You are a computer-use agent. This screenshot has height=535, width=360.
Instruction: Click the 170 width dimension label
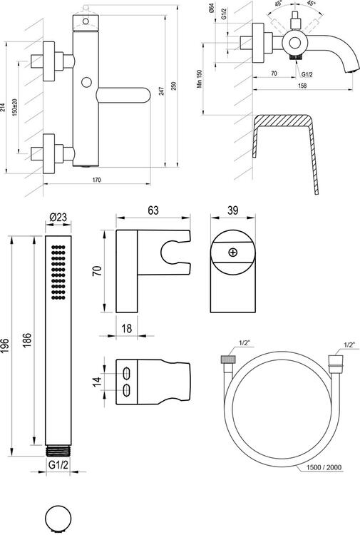click(97, 180)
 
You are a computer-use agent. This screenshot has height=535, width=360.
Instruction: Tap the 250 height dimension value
click(173, 86)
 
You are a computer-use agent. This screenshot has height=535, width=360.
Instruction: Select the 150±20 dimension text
click(15, 108)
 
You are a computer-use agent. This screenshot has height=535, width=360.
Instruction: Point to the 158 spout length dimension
click(302, 86)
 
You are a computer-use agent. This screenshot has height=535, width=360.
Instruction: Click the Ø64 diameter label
click(211, 8)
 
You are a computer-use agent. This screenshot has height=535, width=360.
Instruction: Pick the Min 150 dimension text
click(200, 78)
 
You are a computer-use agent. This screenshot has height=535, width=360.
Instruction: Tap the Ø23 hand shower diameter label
click(58, 217)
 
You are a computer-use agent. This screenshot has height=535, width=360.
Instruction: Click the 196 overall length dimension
click(5, 346)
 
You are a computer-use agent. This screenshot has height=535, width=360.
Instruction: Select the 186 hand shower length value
click(27, 340)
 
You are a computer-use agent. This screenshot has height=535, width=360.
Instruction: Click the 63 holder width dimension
click(153, 210)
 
